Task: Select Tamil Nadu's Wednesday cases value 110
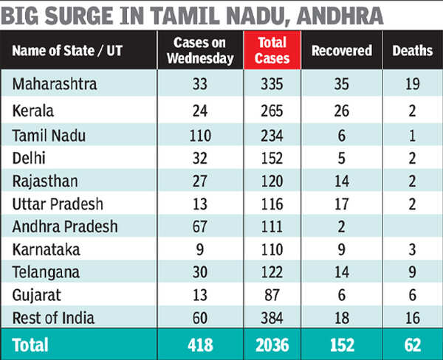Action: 199,134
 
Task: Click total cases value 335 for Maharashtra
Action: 273,84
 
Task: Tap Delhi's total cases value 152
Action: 273,156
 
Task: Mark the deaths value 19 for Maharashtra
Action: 413,84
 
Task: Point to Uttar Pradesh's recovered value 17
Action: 340,203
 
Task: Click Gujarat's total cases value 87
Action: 273,294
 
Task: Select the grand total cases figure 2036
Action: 273,344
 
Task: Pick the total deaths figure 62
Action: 413,344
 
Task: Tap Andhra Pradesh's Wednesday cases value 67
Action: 199,227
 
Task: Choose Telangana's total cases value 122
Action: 273,271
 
